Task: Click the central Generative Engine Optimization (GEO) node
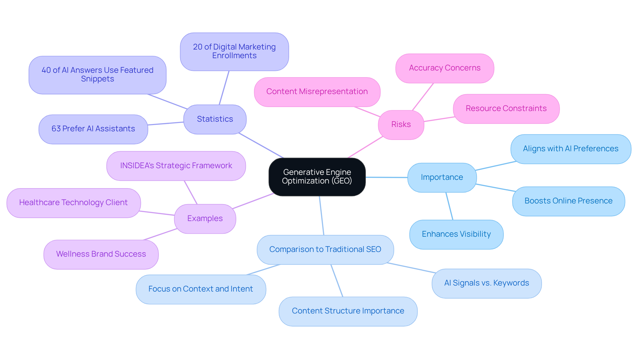pos(317,177)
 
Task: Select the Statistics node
pos(215,119)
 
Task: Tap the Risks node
pos(401,125)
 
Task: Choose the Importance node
pos(442,178)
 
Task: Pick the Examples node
pos(205,219)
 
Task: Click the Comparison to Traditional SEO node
pos(325,250)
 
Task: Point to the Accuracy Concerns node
pos(445,68)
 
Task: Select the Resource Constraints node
pos(506,109)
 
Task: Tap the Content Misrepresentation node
pos(317,92)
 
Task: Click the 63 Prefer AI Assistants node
pos(93,129)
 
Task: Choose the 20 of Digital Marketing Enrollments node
pos(234,52)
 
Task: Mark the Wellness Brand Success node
pos(101,254)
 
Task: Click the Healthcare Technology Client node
pos(73,203)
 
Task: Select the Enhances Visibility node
pos(456,234)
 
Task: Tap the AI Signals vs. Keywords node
pos(486,283)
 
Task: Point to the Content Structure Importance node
pos(348,311)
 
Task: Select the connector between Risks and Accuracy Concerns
pos(423,97)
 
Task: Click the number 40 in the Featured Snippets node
pos(46,70)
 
